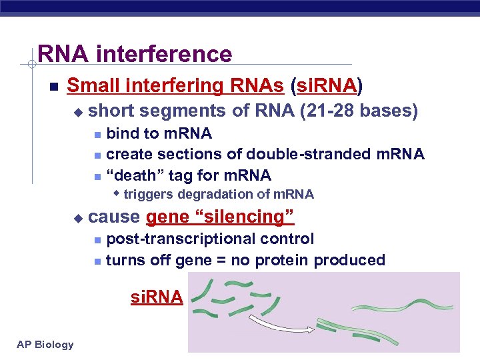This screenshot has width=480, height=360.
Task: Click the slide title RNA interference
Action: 135,53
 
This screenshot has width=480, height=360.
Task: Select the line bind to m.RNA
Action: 159,134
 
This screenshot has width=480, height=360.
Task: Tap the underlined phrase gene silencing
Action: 220,217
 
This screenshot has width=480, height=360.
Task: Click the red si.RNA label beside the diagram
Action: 156,297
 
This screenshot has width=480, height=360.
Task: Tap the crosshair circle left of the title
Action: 31,65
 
